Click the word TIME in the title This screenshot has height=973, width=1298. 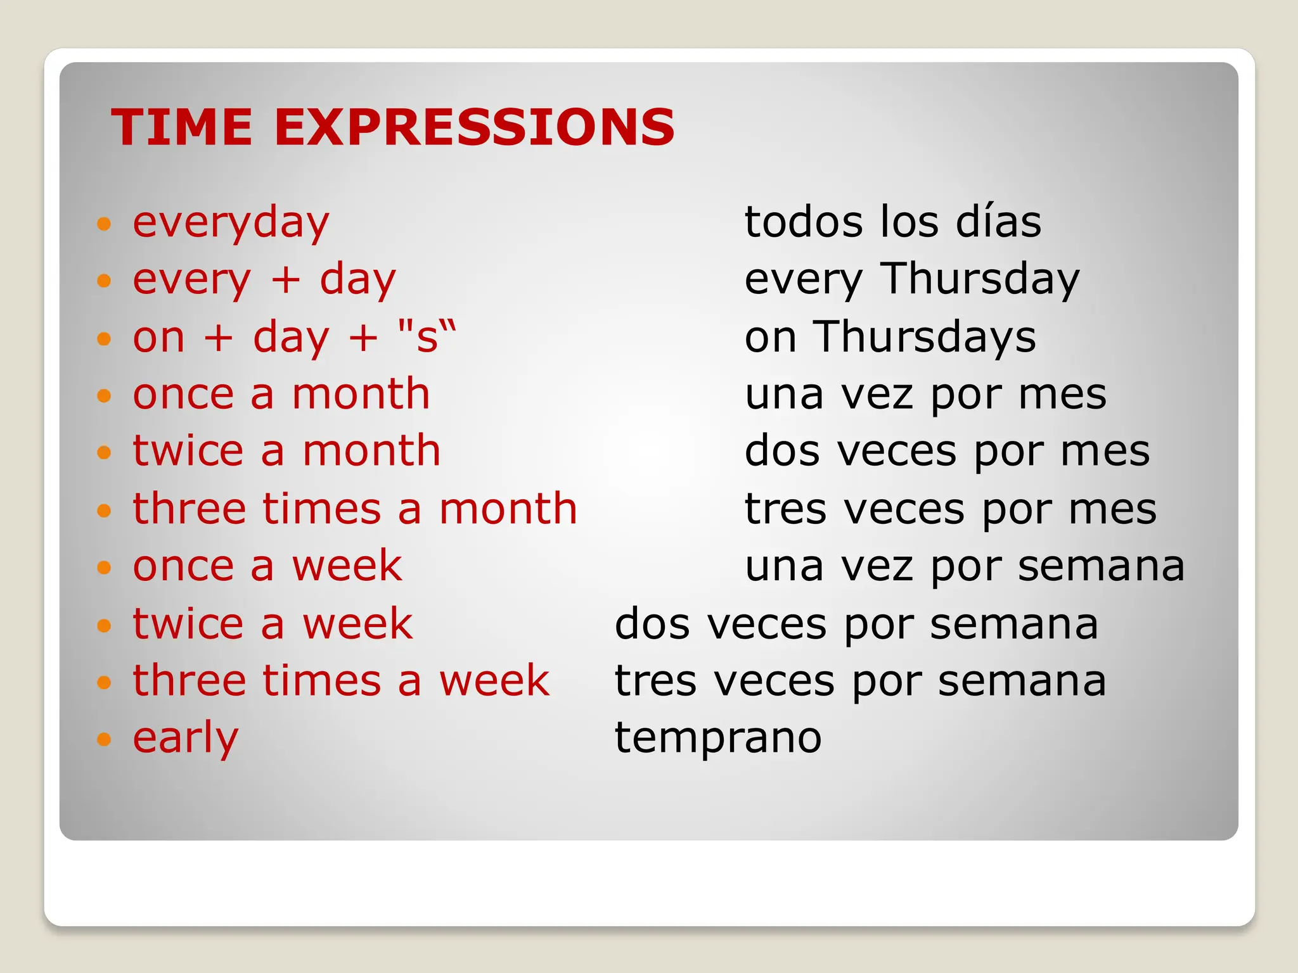[x=182, y=127]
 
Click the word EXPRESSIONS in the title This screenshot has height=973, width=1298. [x=474, y=127]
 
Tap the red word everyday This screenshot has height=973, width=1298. [x=231, y=223]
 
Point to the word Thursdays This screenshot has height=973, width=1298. [x=925, y=337]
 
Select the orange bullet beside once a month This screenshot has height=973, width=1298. [x=104, y=396]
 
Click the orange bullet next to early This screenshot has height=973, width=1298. [x=104, y=739]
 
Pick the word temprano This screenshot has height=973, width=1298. [x=718, y=739]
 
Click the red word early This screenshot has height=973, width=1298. [x=185, y=739]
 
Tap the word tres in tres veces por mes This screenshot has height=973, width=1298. [x=785, y=509]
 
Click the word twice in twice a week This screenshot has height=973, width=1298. [x=188, y=624]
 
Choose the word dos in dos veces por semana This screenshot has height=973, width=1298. [x=652, y=624]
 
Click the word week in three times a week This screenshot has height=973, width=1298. [x=494, y=681]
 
